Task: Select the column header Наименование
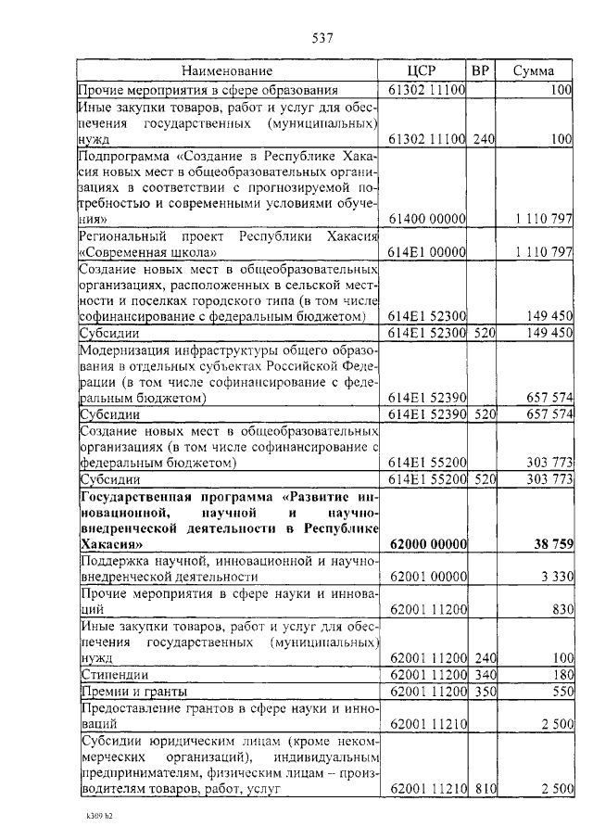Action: point(227,70)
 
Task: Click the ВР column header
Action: point(480,70)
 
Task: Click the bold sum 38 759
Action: point(549,544)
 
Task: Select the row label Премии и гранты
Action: point(134,692)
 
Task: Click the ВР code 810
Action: point(484,790)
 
